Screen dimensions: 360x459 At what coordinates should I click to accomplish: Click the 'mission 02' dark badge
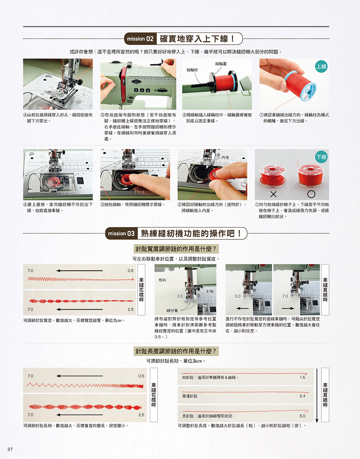coord(140,39)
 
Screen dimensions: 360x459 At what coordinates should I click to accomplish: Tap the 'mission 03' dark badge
coord(121,233)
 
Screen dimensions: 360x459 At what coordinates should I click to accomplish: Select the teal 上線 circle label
coord(321,67)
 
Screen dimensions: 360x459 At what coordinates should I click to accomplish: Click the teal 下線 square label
coord(321,157)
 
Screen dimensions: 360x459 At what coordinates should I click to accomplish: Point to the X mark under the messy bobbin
coord(274,194)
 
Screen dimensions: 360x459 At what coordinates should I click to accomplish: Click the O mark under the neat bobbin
coord(311,194)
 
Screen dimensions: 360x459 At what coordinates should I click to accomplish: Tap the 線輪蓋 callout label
coord(221,64)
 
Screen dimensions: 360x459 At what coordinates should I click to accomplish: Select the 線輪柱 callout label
coord(192,70)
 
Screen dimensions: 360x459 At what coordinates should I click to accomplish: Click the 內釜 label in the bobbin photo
coord(225,157)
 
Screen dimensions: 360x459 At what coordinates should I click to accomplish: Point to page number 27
coord(10,449)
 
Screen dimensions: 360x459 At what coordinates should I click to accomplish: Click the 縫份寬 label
coord(172,310)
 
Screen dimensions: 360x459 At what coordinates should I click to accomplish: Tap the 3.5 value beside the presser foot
coord(180,296)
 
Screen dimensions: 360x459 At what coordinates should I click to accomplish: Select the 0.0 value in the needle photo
coord(238,296)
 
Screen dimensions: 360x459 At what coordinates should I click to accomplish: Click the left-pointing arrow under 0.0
coord(243,309)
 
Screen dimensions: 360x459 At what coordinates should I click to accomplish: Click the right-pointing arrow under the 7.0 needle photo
coord(288,309)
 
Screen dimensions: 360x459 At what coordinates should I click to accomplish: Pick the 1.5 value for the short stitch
coord(302,377)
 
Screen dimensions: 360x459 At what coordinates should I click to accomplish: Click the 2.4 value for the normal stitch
coord(302,396)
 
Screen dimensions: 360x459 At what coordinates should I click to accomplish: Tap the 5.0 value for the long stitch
coord(302,416)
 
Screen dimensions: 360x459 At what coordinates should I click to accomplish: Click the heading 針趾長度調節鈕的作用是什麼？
coord(176,351)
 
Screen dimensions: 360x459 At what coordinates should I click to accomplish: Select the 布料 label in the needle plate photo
coord(162,280)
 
